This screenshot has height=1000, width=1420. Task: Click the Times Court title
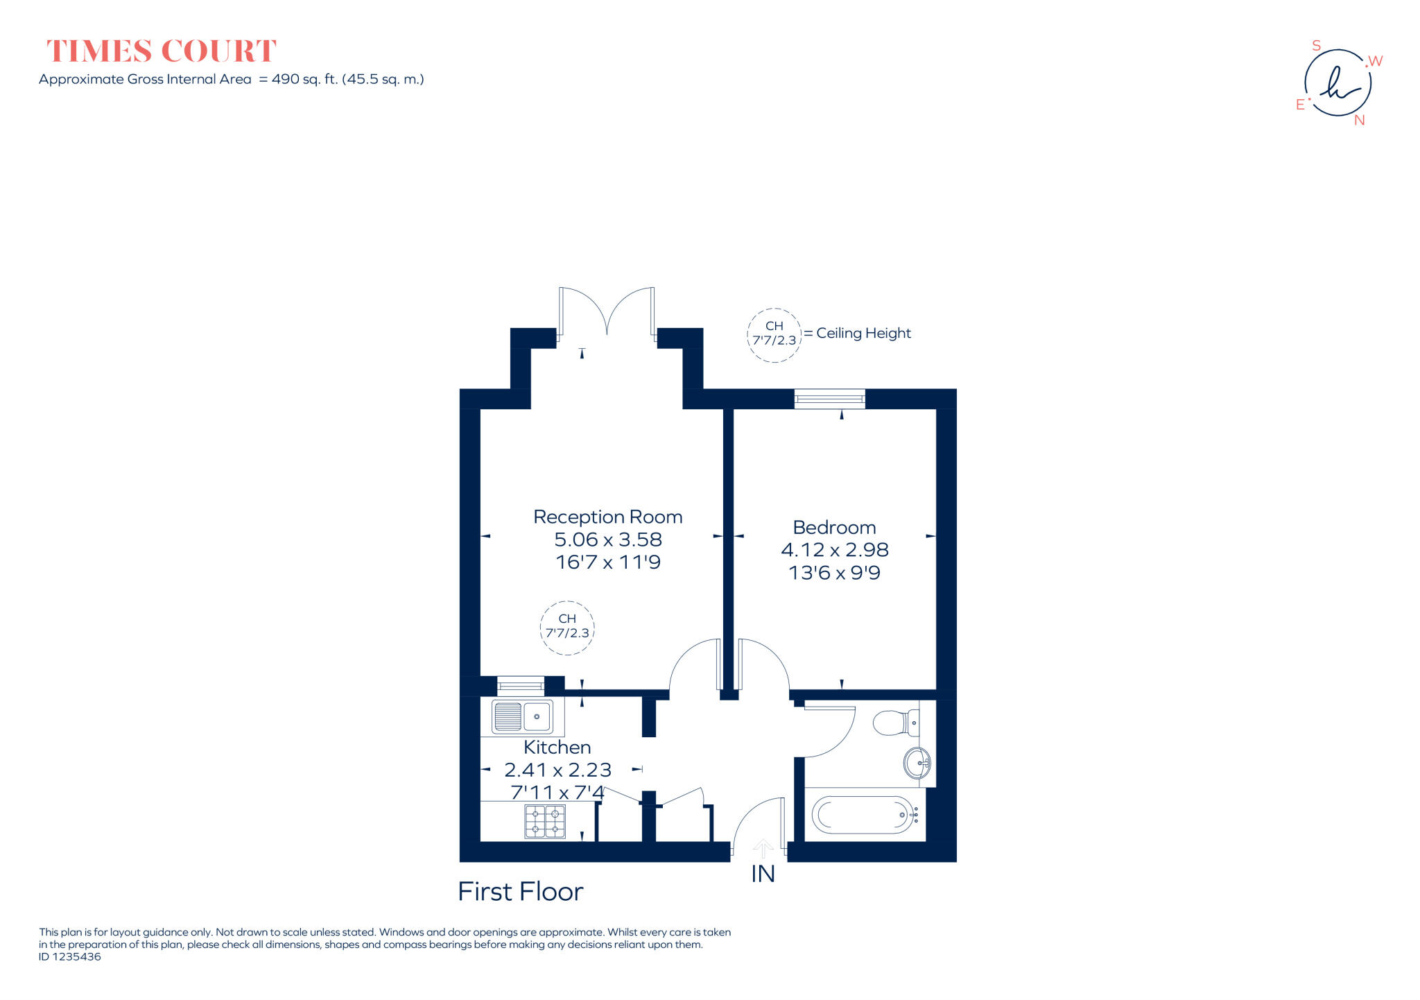pos(161,51)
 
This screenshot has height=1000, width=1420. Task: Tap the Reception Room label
pos(607,517)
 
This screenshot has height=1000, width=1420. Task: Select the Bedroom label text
pos(834,527)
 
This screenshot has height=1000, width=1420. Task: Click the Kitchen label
pos(557,747)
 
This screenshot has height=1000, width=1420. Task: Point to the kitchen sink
pos(523,716)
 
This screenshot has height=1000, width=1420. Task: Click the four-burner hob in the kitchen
pos(544,821)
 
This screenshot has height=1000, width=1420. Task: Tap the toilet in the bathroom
pos(895,723)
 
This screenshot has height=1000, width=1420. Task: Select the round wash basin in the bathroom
pos(917,763)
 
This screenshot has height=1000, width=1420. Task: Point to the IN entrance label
pos(763,874)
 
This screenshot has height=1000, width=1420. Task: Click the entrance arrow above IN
pos(763,848)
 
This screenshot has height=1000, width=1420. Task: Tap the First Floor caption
pos(520,891)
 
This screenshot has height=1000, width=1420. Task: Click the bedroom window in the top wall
pos(829,399)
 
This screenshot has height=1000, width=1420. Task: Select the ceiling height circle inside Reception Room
pos(567,627)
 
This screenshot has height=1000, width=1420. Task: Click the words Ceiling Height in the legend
pos(863,333)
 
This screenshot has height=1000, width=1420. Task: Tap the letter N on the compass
pos(1359,120)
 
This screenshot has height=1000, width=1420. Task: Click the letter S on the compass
pos(1316,46)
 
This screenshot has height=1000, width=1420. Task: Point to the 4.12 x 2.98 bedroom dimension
pos(834,549)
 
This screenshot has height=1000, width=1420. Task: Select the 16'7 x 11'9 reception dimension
pos(607,562)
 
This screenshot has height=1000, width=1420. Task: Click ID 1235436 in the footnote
pos(70,956)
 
